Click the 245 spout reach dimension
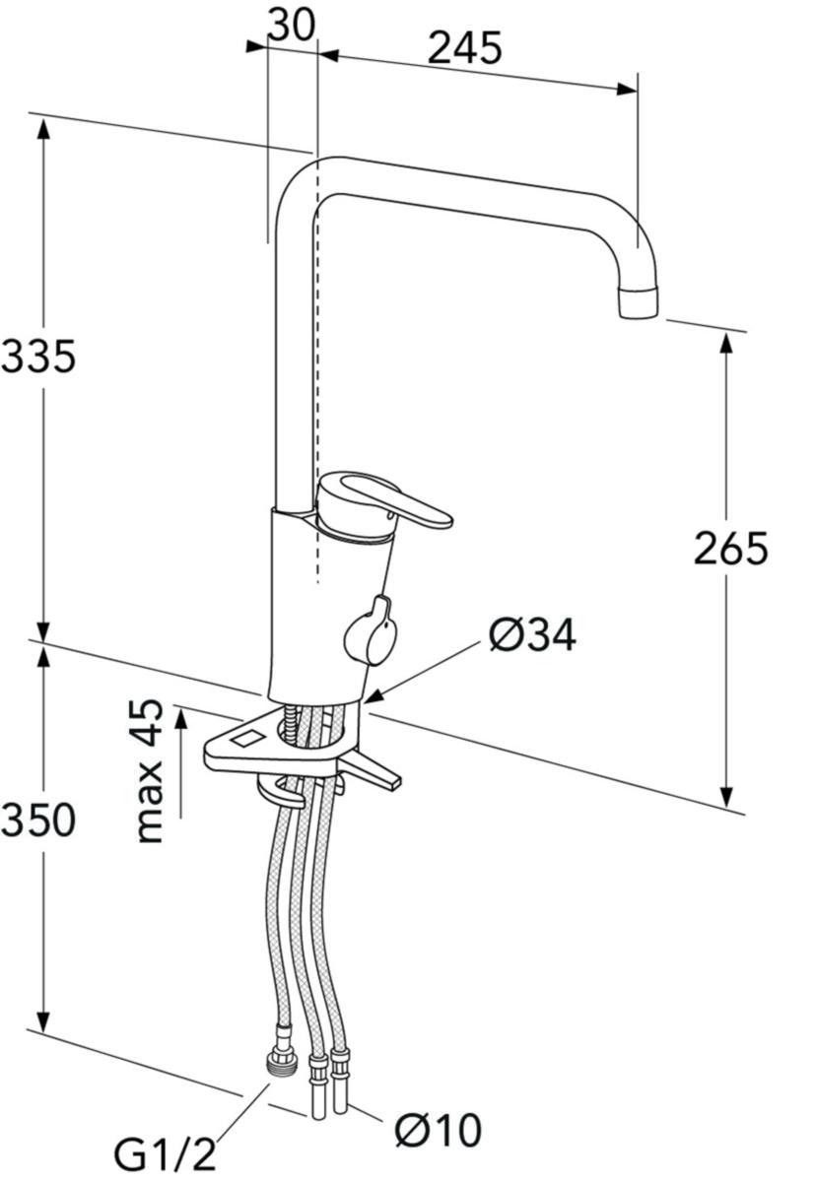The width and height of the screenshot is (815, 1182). pos(464,48)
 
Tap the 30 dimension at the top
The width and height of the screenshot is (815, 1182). pos(291,25)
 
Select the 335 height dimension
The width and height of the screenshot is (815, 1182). pos(38,358)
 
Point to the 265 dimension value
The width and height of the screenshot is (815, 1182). pos(730,549)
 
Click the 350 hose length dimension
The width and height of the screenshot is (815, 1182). pos(38,821)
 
